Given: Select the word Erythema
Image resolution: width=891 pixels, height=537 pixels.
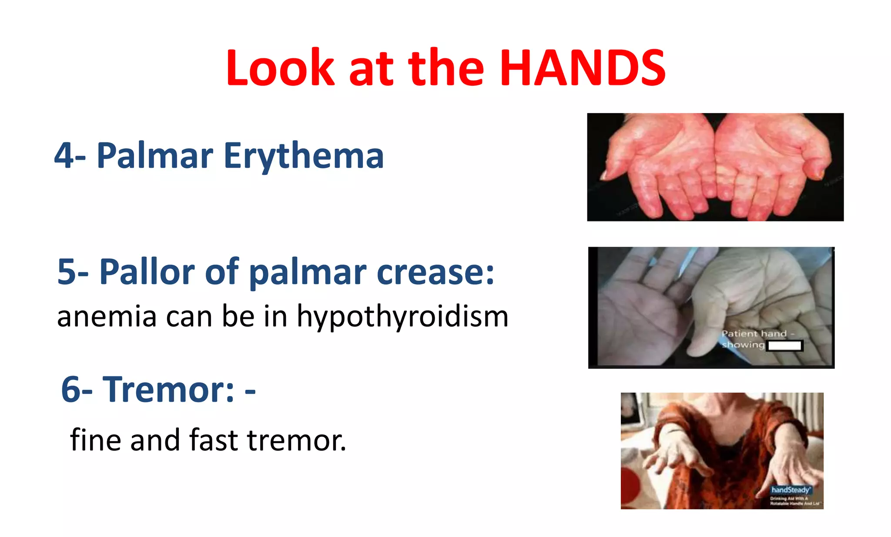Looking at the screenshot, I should pos(303,156).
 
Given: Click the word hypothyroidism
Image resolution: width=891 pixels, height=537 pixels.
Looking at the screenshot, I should pos(402,316).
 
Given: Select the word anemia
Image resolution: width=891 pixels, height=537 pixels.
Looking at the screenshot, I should pos(107,316).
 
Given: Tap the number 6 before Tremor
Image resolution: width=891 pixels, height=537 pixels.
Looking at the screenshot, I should pos(71,389).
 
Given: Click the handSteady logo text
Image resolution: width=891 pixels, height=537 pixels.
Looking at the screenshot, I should pos(791,490).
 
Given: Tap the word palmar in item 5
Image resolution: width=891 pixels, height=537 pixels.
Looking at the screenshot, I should pos(307,272).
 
